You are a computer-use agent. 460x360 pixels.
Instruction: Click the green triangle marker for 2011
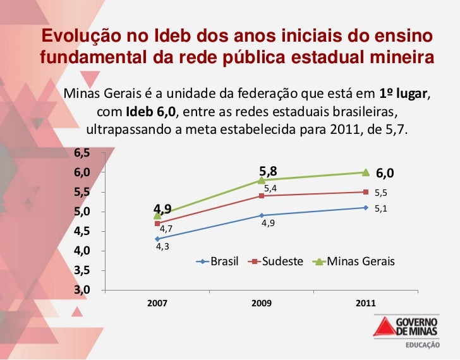coord(366,172)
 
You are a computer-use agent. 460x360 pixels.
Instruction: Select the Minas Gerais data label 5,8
coord(268,171)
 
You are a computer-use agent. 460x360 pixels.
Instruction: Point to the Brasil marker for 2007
coord(157,239)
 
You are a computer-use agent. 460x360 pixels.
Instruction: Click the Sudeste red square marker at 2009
coord(262,196)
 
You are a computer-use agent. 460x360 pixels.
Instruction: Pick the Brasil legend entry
coord(218,261)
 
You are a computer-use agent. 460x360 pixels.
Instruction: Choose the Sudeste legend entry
coord(277,261)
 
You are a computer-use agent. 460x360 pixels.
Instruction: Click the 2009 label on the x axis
coord(262,304)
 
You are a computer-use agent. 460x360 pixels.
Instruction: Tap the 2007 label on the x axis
coord(157,304)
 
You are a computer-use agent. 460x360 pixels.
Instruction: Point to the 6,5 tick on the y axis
coord(82,153)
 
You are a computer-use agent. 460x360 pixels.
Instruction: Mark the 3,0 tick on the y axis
coord(82,290)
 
